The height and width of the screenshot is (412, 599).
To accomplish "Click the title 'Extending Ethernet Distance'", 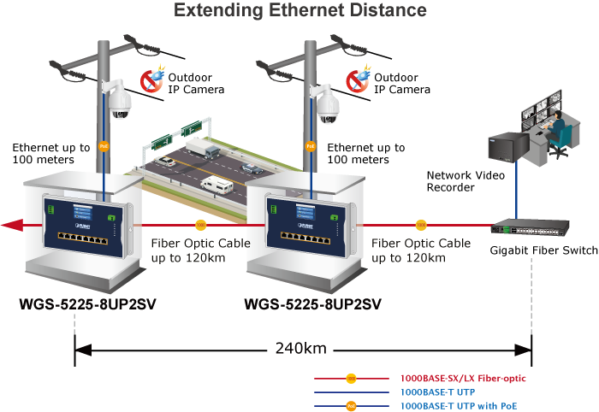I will tap(300, 11).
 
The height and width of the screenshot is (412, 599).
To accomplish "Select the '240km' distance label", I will tap(299, 349).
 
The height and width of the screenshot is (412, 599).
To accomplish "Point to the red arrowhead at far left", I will tap(12, 226).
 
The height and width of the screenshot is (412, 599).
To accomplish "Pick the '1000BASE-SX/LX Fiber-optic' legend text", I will tap(463, 378).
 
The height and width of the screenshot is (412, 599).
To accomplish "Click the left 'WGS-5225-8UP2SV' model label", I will tap(88, 303).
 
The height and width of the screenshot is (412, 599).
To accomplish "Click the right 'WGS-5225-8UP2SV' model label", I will tap(312, 303).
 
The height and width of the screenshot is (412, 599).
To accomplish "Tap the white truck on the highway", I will tap(198, 150).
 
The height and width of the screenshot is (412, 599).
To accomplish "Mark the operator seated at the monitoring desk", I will tap(556, 137).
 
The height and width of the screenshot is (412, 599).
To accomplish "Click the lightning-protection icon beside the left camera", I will tap(152, 80).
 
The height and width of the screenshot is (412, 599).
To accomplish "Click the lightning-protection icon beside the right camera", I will tap(358, 80).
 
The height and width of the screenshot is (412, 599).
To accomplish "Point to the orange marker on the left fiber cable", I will tap(200, 226).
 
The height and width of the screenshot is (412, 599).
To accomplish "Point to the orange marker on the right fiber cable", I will tap(421, 226).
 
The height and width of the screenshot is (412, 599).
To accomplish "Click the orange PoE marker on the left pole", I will tap(104, 146).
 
